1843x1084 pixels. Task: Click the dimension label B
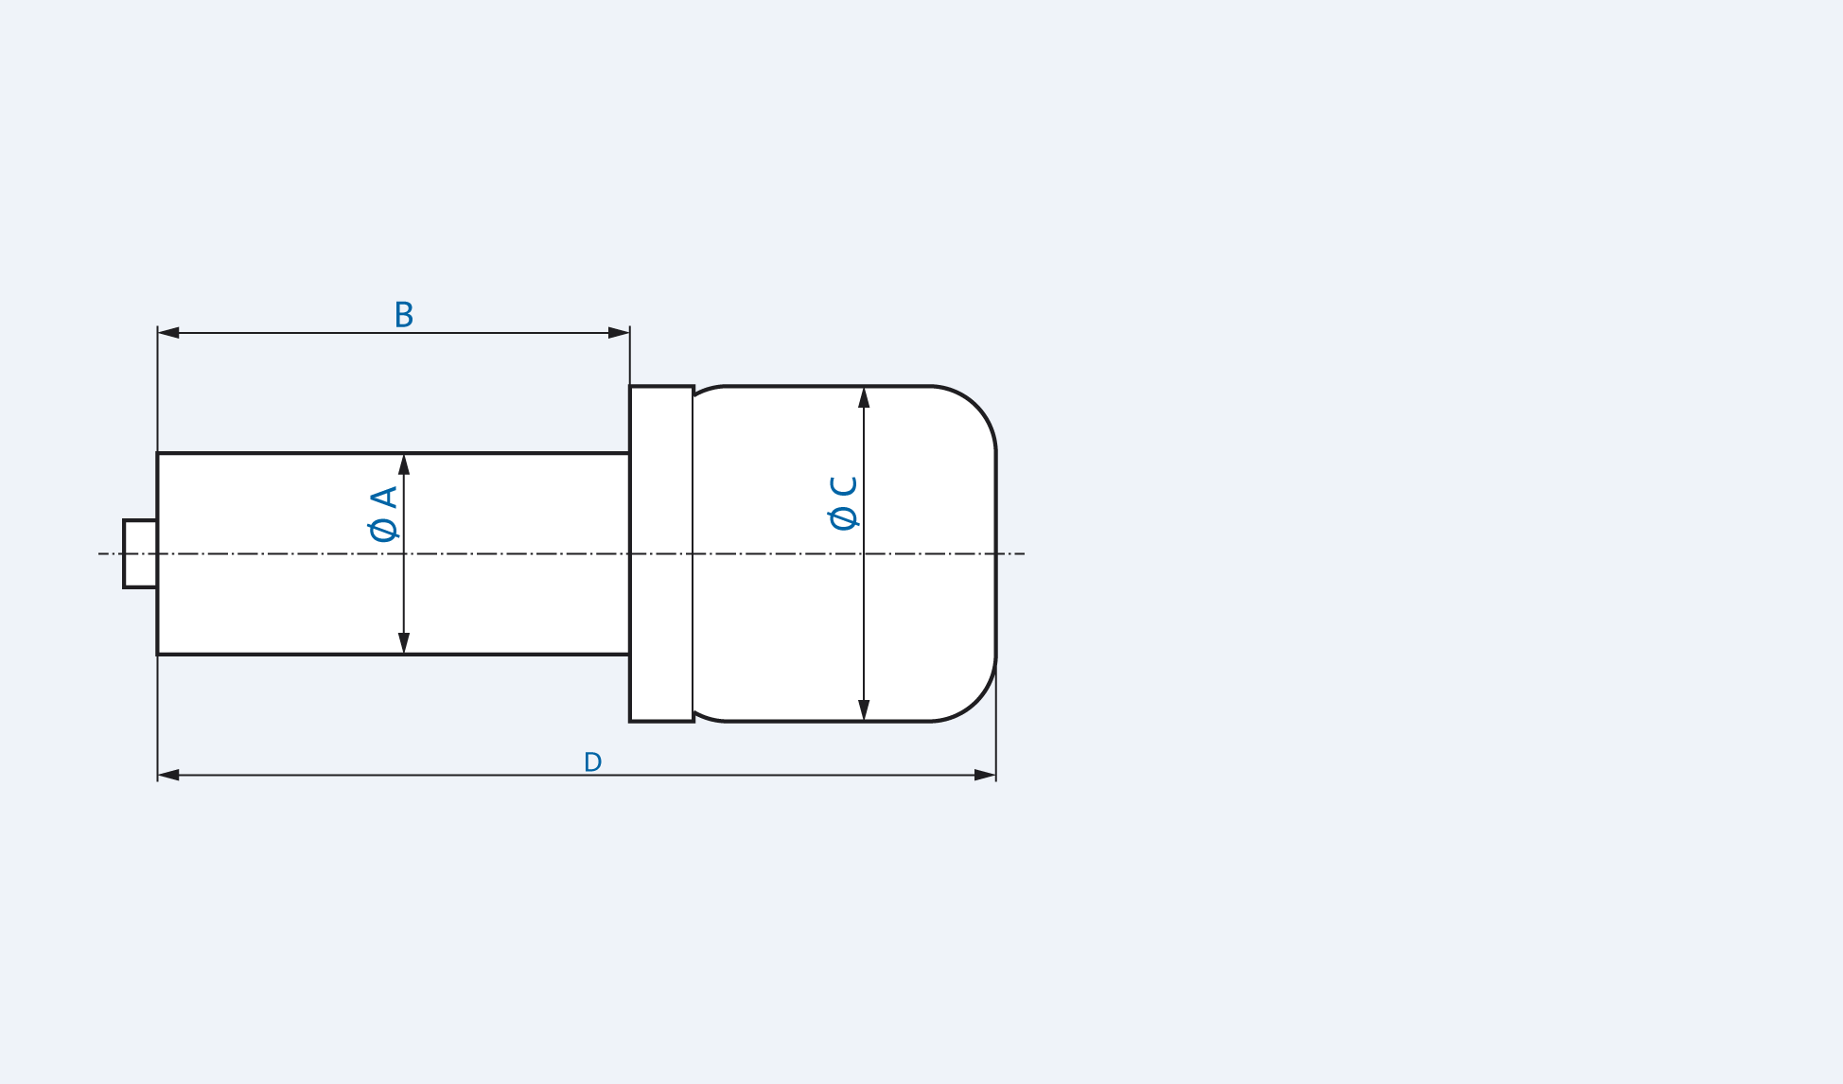[x=404, y=315]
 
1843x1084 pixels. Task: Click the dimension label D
[x=592, y=762]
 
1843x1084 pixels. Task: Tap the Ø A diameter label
[x=383, y=514]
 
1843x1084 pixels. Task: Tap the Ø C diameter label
[x=843, y=502]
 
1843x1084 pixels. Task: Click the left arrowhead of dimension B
[x=168, y=333]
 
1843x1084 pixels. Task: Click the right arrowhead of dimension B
[x=619, y=333]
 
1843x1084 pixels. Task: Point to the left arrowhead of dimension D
[x=168, y=776]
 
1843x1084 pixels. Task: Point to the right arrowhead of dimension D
[x=985, y=776]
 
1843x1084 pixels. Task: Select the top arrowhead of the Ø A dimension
[x=404, y=464]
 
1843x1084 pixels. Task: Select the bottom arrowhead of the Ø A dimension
[x=404, y=643]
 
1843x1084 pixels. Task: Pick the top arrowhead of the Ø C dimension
[x=864, y=397]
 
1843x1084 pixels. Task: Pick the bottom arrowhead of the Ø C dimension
[x=864, y=710]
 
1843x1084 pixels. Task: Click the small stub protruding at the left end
[x=140, y=553]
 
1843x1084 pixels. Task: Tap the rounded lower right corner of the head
[x=974, y=698]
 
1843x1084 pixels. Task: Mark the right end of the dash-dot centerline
[x=1023, y=553]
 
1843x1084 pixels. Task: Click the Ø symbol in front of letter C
[x=843, y=518]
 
